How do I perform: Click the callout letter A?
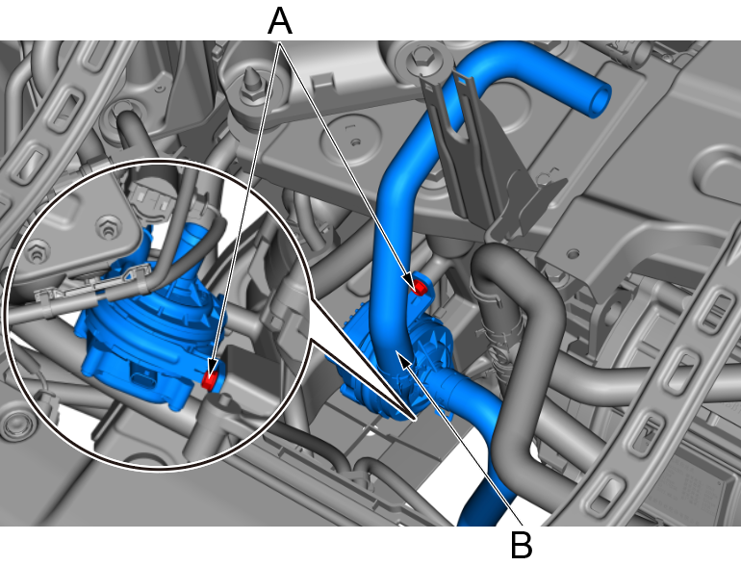280,22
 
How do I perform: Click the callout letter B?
522,545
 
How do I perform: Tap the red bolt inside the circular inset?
210,378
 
